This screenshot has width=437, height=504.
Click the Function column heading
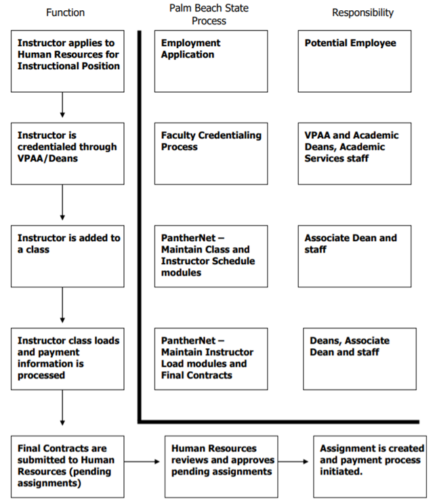point(65,13)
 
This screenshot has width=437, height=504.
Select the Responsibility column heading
point(362,13)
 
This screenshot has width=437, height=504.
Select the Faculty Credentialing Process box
point(211,153)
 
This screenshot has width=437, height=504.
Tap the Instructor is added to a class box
point(68,256)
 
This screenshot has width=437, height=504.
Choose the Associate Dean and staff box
point(354,256)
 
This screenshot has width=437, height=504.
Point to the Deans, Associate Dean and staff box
point(359,358)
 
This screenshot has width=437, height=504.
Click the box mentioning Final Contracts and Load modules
point(211,358)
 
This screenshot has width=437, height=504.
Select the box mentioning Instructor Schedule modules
point(211,256)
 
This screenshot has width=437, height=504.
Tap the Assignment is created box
point(369,467)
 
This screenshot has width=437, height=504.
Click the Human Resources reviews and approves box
point(222,467)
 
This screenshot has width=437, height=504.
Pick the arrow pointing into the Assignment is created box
point(295,462)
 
